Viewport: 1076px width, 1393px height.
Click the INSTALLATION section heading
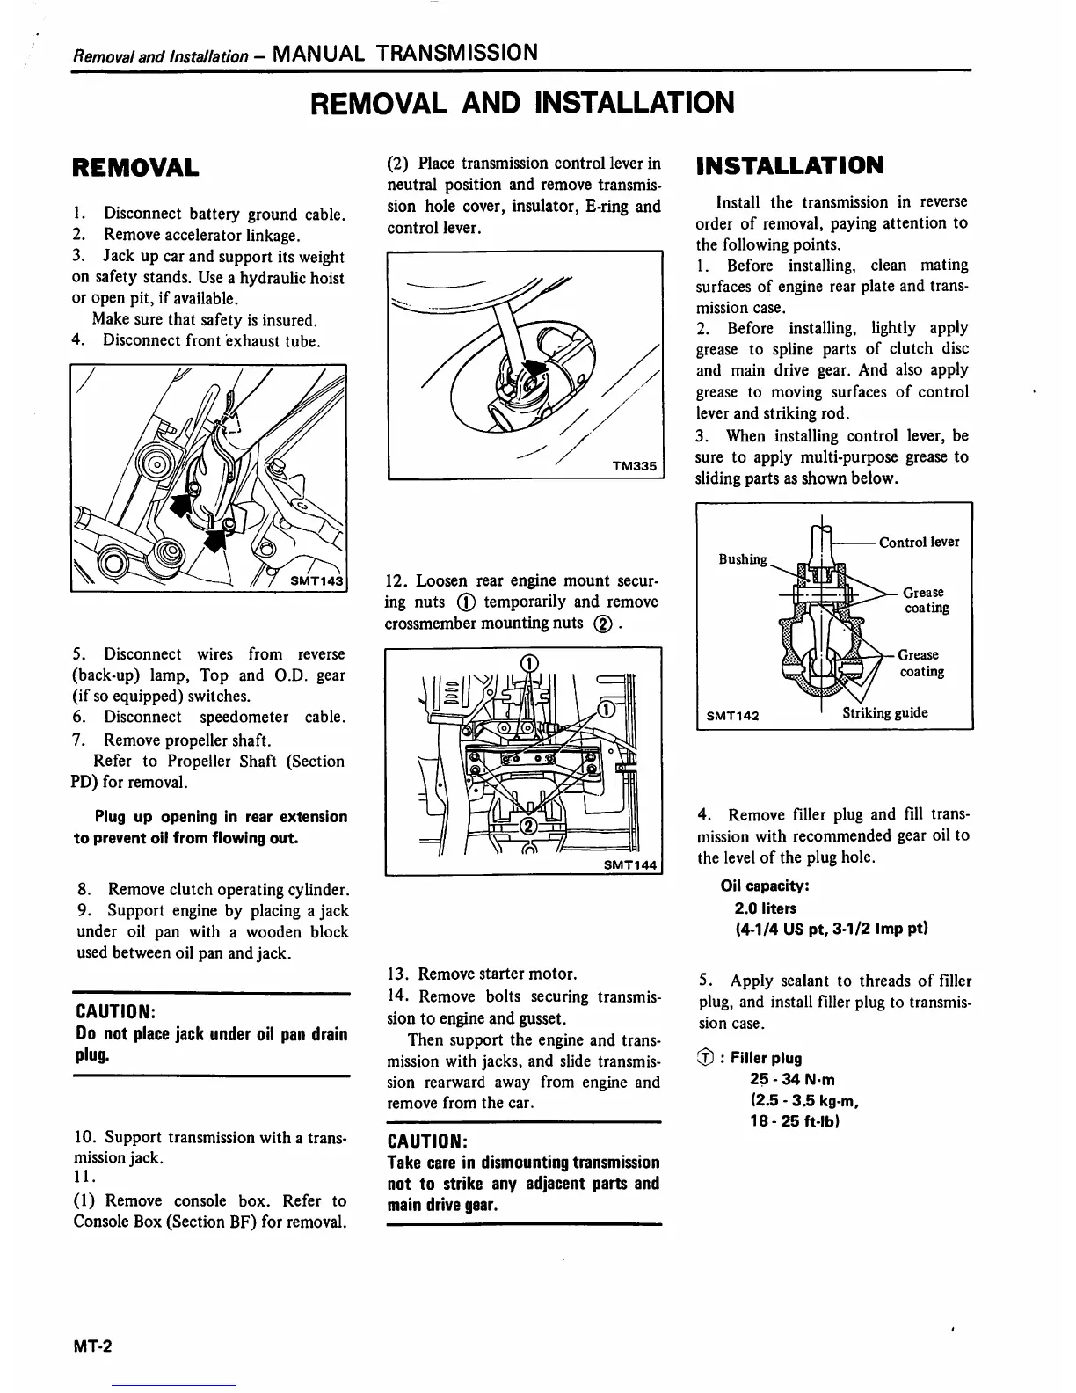(789, 165)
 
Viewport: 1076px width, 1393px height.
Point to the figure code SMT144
(630, 864)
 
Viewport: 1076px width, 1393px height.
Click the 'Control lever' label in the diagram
(919, 542)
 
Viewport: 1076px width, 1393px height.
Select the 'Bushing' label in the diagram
(743, 559)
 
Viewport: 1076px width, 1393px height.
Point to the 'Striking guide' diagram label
(884, 713)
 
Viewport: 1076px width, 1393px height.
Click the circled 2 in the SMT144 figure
(529, 825)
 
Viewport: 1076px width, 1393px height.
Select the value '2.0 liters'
(765, 908)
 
